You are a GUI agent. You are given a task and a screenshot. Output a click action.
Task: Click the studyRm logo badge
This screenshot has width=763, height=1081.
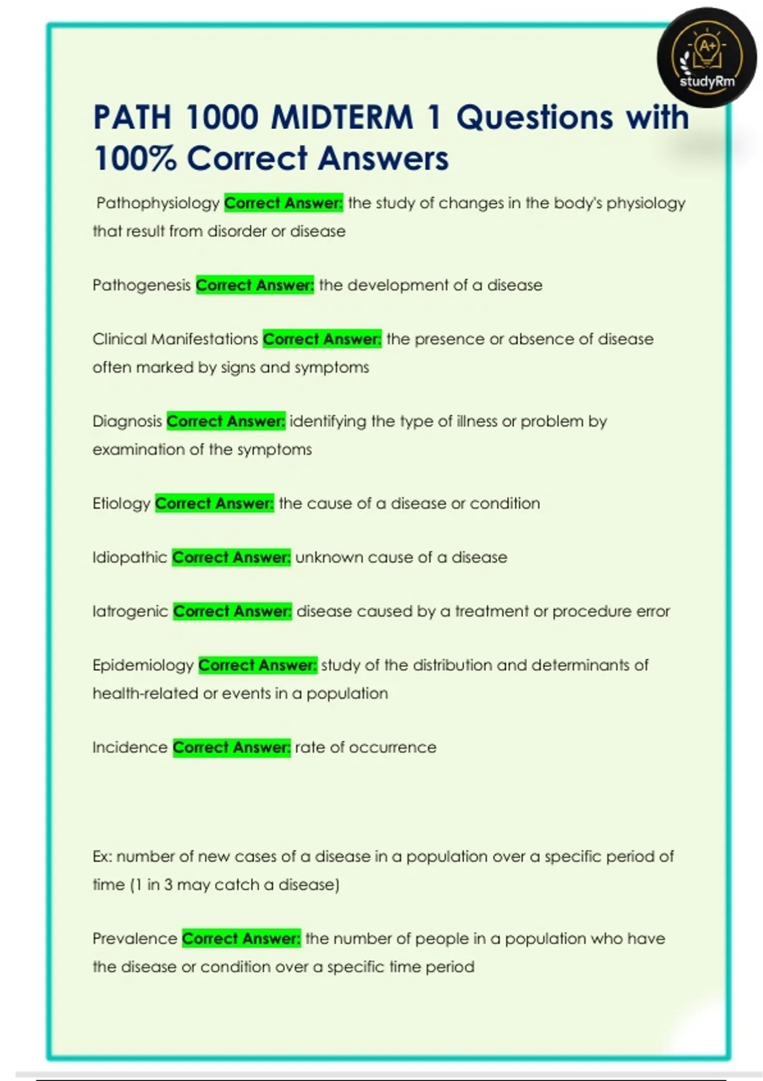tap(706, 58)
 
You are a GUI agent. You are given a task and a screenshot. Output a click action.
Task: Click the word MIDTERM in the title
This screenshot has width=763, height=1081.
tap(343, 118)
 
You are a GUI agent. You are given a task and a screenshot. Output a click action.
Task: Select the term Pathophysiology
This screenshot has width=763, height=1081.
tap(158, 203)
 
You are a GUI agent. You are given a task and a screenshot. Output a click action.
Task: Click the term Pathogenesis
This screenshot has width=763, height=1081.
tap(141, 286)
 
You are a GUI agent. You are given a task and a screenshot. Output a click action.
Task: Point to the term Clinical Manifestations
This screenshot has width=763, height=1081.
tap(175, 340)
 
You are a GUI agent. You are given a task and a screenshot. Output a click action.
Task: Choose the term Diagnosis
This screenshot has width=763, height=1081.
tap(127, 422)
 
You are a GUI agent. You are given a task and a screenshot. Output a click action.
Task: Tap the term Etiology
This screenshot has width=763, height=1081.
tap(121, 504)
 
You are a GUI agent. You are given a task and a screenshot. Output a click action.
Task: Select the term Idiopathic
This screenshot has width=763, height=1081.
tap(130, 558)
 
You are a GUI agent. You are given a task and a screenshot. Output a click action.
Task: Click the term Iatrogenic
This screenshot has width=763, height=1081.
tap(130, 612)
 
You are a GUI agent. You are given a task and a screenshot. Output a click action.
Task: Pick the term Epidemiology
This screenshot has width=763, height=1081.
tap(143, 666)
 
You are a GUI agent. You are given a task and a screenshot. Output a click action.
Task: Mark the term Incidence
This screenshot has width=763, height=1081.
tap(130, 748)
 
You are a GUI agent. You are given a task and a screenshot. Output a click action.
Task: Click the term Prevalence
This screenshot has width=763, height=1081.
tap(135, 939)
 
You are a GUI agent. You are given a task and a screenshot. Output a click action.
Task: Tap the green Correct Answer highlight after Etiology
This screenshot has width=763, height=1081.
tap(214, 504)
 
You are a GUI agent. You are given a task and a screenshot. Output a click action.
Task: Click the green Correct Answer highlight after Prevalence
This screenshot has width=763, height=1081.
tap(241, 939)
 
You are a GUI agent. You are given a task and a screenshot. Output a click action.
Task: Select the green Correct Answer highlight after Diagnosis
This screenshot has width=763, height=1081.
tap(226, 422)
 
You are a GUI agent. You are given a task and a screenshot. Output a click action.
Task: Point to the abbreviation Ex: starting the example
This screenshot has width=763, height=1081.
tap(102, 857)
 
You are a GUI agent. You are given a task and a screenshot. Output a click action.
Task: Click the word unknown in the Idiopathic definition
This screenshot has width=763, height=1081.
tap(329, 558)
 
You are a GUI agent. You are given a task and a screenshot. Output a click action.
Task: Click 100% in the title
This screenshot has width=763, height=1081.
tap(134, 158)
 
